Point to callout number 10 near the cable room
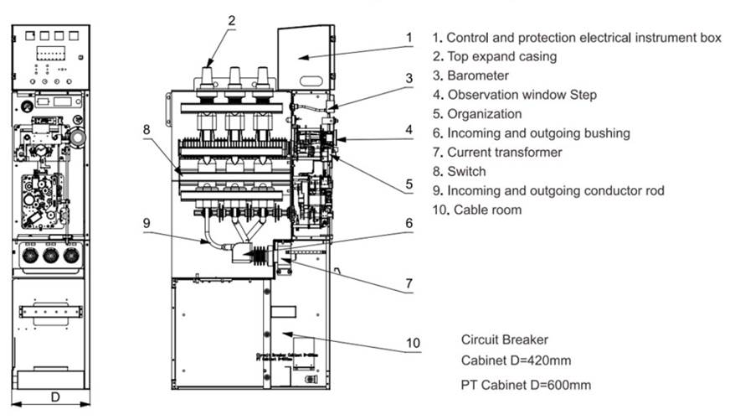[x=411, y=343]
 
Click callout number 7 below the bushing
[x=409, y=284]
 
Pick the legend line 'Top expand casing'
[x=494, y=57]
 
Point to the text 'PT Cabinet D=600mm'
[x=526, y=385]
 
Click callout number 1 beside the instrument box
[x=409, y=38]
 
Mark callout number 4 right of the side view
[x=409, y=130]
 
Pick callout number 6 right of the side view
[x=409, y=224]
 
